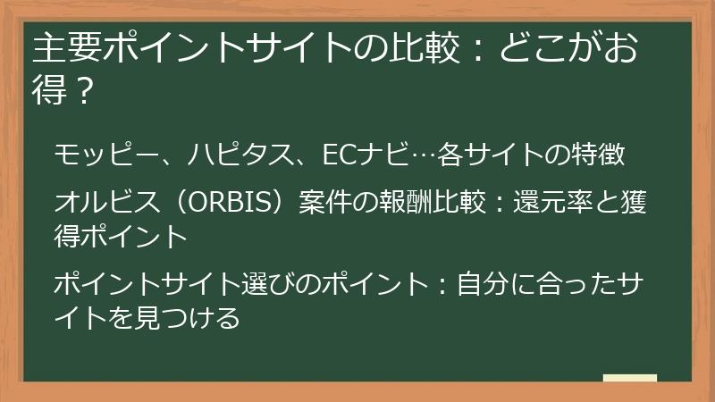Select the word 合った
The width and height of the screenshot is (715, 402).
click(559, 286)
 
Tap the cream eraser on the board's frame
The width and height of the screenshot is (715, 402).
click(629, 380)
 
